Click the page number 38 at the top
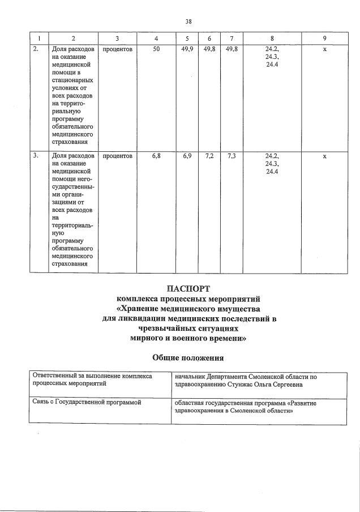[188, 21]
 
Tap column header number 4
[156, 39]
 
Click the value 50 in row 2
[156, 49]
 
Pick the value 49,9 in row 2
[187, 49]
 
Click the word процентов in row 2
[118, 49]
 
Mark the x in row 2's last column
[324, 50]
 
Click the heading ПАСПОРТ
[188, 289]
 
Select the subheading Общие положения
[188, 357]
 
